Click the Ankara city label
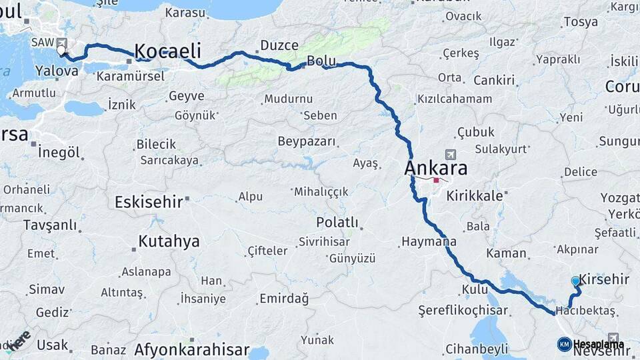tap(435, 168)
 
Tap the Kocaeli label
tap(167, 51)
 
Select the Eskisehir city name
tap(148, 202)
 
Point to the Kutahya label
tap(169, 241)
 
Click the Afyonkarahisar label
tap(191, 349)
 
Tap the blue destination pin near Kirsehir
tap(576, 282)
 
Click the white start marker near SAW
tap(61, 50)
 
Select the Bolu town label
tap(321, 61)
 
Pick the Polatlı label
tap(337, 222)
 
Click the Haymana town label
tap(429, 241)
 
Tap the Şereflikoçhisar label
tap(463, 311)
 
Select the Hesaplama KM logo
tap(590, 344)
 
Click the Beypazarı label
tap(307, 141)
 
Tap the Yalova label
tap(57, 70)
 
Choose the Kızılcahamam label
tap(454, 99)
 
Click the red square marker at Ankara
tap(436, 180)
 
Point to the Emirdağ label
tap(284, 298)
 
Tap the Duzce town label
tap(279, 45)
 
